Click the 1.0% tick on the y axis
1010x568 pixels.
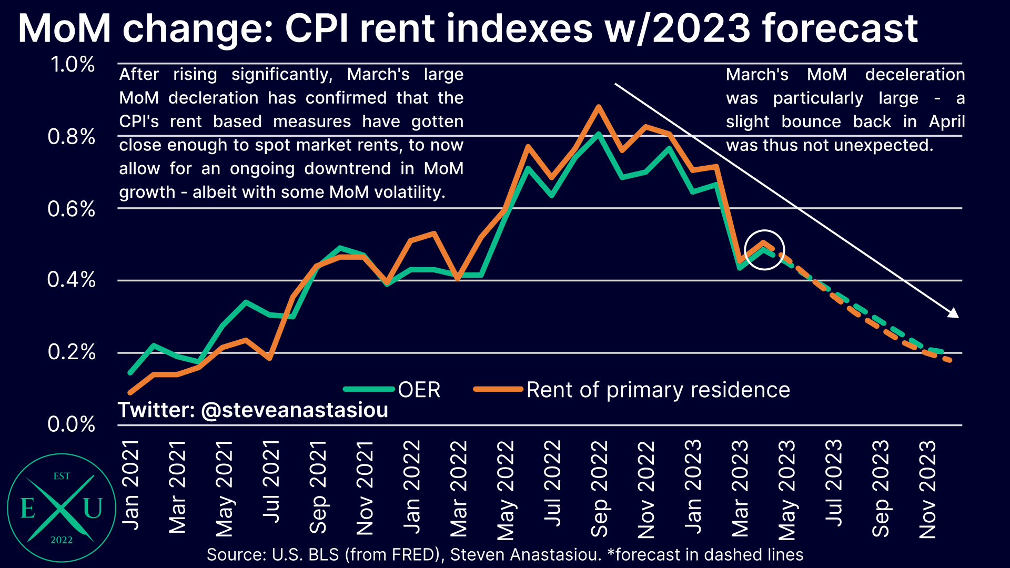[73, 65]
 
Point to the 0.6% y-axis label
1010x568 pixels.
[72, 209]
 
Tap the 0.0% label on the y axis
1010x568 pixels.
[72, 424]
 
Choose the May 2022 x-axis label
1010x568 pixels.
[506, 490]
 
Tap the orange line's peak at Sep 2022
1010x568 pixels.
[598, 107]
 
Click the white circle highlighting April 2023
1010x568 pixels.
[764, 250]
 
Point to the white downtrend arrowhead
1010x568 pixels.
[954, 313]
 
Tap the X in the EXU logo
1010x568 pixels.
[61, 508]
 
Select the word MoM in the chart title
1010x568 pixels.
[64, 28]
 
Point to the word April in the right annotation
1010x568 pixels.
[946, 121]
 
